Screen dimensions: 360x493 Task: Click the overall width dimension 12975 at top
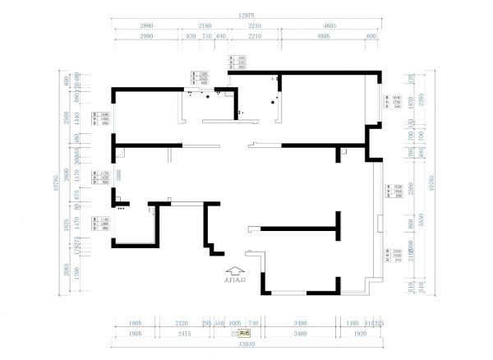(x=246, y=15)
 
